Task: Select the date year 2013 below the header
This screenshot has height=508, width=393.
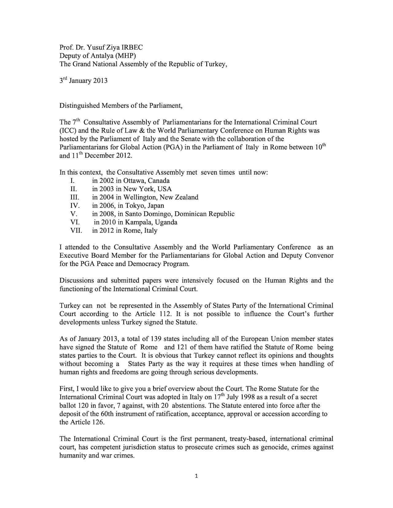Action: [100, 81]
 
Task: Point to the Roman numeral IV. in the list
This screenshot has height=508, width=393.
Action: [75, 206]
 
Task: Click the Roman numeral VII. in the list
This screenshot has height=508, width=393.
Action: [76, 230]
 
